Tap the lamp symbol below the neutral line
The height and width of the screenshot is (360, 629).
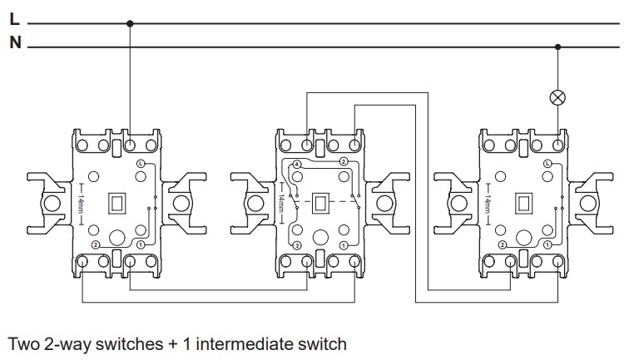click(x=557, y=98)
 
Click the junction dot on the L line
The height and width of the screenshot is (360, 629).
click(x=129, y=23)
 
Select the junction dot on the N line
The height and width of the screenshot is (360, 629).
click(x=557, y=47)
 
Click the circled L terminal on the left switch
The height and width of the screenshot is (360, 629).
click(x=141, y=165)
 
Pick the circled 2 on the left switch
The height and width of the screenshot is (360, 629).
click(x=97, y=245)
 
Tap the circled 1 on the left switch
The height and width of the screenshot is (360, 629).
click(x=141, y=245)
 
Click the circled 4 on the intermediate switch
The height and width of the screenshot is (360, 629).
click(x=296, y=164)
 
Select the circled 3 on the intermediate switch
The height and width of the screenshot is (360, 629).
click(x=296, y=245)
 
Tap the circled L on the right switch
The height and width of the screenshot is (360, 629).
click(x=547, y=165)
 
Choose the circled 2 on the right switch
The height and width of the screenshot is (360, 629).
click(x=503, y=245)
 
